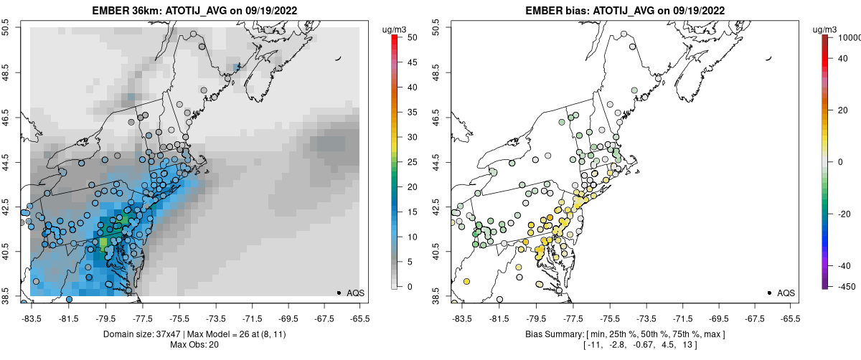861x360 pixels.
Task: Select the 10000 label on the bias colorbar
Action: click(848, 37)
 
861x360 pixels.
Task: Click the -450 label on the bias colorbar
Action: click(844, 287)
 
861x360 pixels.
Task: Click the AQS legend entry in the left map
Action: click(351, 293)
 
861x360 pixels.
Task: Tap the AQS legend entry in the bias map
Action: click(781, 293)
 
